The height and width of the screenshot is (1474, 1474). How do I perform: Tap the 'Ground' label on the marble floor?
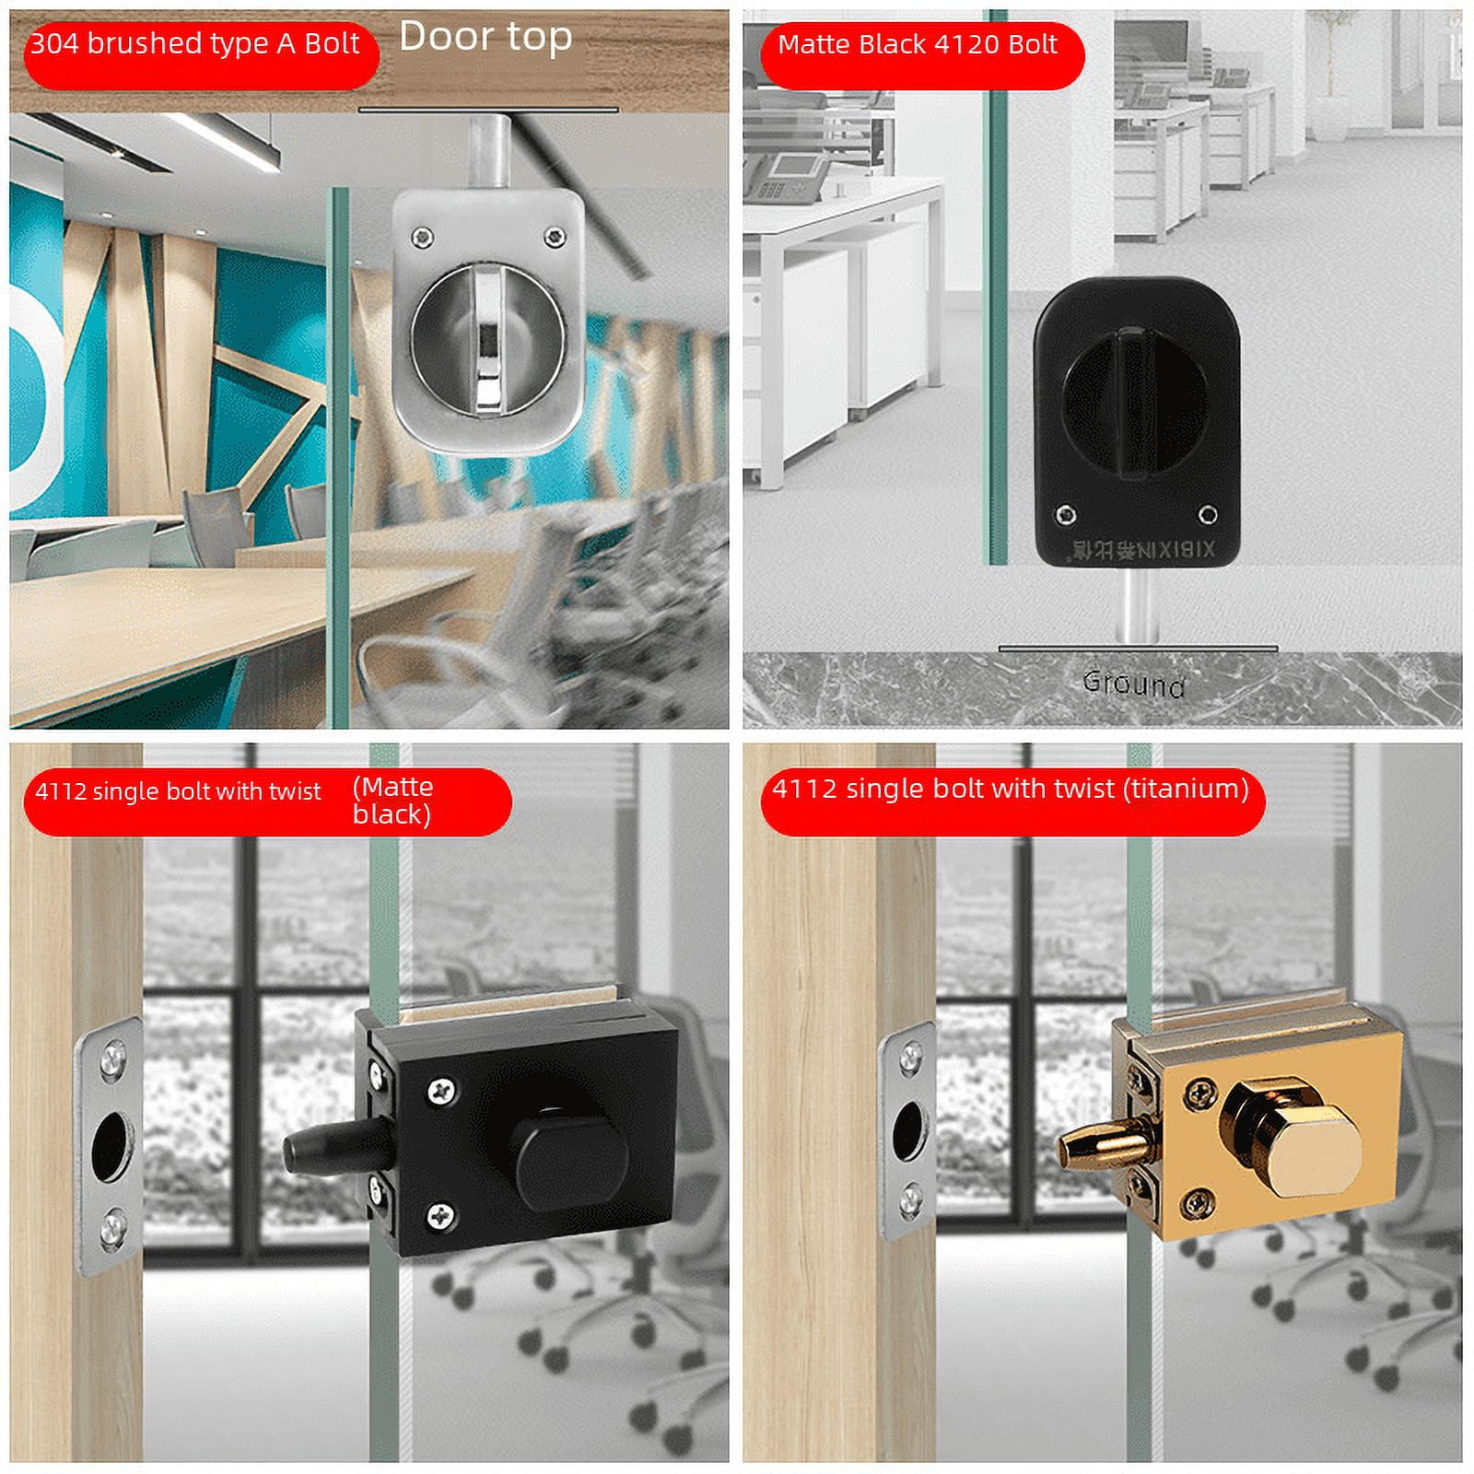point(1133,684)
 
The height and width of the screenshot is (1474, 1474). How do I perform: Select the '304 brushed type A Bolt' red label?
point(195,44)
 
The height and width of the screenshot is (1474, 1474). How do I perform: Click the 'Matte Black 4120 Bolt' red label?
point(918,45)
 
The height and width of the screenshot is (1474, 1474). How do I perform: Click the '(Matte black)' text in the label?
point(392,801)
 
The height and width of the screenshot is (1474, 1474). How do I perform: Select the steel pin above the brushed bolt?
point(488,151)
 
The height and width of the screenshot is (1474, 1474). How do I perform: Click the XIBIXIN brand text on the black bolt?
point(1143,551)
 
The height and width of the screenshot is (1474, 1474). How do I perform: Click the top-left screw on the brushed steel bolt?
point(422,236)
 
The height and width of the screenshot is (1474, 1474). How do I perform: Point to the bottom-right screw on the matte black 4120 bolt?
point(1207,514)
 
